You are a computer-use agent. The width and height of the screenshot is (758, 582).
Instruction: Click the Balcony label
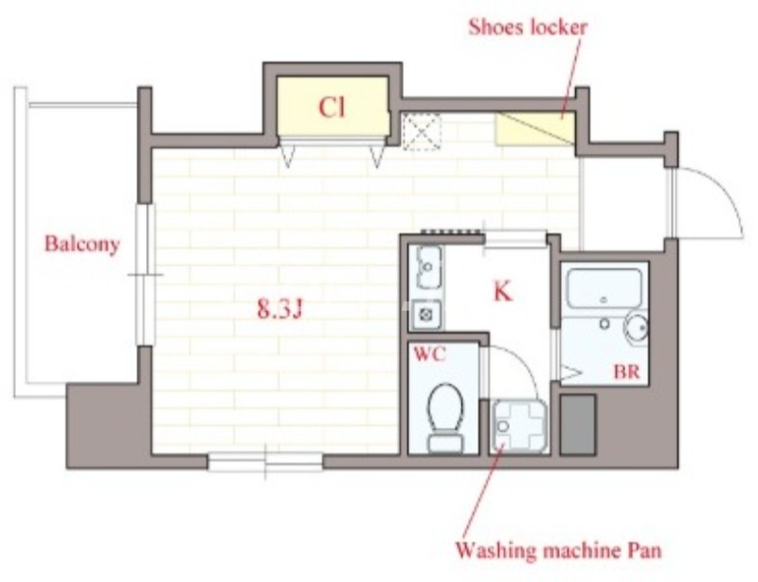click(82, 244)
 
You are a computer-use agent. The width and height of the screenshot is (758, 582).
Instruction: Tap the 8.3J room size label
click(280, 309)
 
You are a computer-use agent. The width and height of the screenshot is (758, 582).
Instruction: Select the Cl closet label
click(333, 107)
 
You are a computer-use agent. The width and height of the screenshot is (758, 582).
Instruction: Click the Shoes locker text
click(528, 27)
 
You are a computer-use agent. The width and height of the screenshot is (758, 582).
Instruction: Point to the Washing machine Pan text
click(558, 551)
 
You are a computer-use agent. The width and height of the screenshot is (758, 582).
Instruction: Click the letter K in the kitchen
click(503, 291)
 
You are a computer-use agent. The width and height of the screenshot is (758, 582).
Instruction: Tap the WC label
click(429, 355)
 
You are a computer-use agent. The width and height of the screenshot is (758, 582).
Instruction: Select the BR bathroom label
click(626, 372)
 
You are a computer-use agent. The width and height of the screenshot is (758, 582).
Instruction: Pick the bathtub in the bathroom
click(605, 289)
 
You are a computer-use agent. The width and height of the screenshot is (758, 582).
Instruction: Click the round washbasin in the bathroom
click(637, 328)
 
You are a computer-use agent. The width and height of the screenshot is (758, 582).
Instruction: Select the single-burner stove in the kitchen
click(426, 315)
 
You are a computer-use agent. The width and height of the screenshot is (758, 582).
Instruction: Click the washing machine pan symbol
click(519, 427)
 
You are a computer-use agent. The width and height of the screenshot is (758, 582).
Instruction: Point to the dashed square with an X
click(422, 132)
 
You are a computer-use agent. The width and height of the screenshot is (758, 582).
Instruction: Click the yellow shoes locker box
click(535, 129)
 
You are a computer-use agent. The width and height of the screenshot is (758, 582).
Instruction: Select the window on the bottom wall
click(265, 462)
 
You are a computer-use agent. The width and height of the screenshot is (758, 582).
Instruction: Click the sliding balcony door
click(145, 274)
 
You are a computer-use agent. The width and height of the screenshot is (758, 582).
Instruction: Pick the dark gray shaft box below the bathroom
click(578, 425)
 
